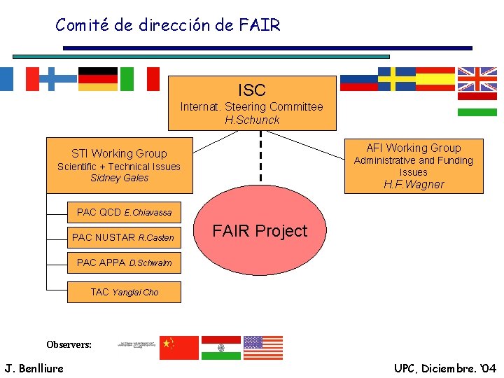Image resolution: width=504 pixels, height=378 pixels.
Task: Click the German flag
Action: coord(98,79)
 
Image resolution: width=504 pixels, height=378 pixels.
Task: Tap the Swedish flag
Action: coord(397,79)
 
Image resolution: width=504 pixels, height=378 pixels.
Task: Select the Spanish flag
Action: coord(435,79)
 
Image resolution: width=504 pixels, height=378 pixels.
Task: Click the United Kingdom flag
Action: coord(477,79)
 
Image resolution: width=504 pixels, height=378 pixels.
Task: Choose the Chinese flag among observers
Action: coord(178,347)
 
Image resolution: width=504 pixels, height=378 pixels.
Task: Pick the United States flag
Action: coord(262,347)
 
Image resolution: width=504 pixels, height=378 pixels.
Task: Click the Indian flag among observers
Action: coord(220,347)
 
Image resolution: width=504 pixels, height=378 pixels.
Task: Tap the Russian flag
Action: coord(358,79)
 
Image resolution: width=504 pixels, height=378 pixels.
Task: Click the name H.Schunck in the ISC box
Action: coord(252,120)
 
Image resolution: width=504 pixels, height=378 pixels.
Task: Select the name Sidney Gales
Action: coord(120,178)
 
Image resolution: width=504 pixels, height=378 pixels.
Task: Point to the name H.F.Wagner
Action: coord(413,185)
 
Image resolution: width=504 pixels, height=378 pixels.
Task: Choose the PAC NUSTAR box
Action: coord(123,237)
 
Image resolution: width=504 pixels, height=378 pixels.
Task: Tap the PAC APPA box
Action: coord(119,262)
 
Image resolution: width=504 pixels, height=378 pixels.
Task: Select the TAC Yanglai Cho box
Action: coord(124,292)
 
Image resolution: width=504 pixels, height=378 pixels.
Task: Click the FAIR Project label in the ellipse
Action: coord(260,231)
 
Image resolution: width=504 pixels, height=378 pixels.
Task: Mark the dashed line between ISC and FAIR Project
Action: coord(260,157)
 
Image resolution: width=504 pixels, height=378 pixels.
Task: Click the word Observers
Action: coord(69,344)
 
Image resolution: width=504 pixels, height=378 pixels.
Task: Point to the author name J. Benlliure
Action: coord(34,368)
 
